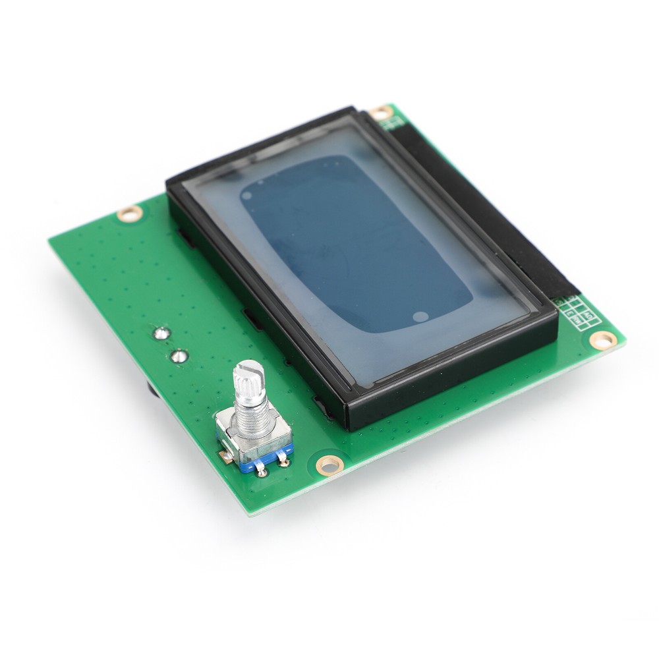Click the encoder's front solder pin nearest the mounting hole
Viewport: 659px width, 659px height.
coord(284,462)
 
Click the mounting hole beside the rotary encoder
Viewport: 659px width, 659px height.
coord(329,465)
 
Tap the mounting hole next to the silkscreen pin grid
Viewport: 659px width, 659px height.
coord(602,340)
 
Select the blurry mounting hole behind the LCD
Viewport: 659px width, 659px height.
coord(381,113)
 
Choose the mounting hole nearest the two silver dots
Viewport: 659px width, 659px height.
coord(129,214)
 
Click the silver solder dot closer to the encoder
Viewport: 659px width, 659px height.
coord(179,357)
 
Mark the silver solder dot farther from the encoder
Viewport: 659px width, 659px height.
coord(160,333)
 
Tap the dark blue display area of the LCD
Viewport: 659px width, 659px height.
coord(356,244)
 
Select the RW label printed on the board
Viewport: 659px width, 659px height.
coord(575,321)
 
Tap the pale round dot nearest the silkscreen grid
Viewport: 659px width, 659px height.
coord(419,316)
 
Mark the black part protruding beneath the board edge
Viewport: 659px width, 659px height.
coord(152,389)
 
